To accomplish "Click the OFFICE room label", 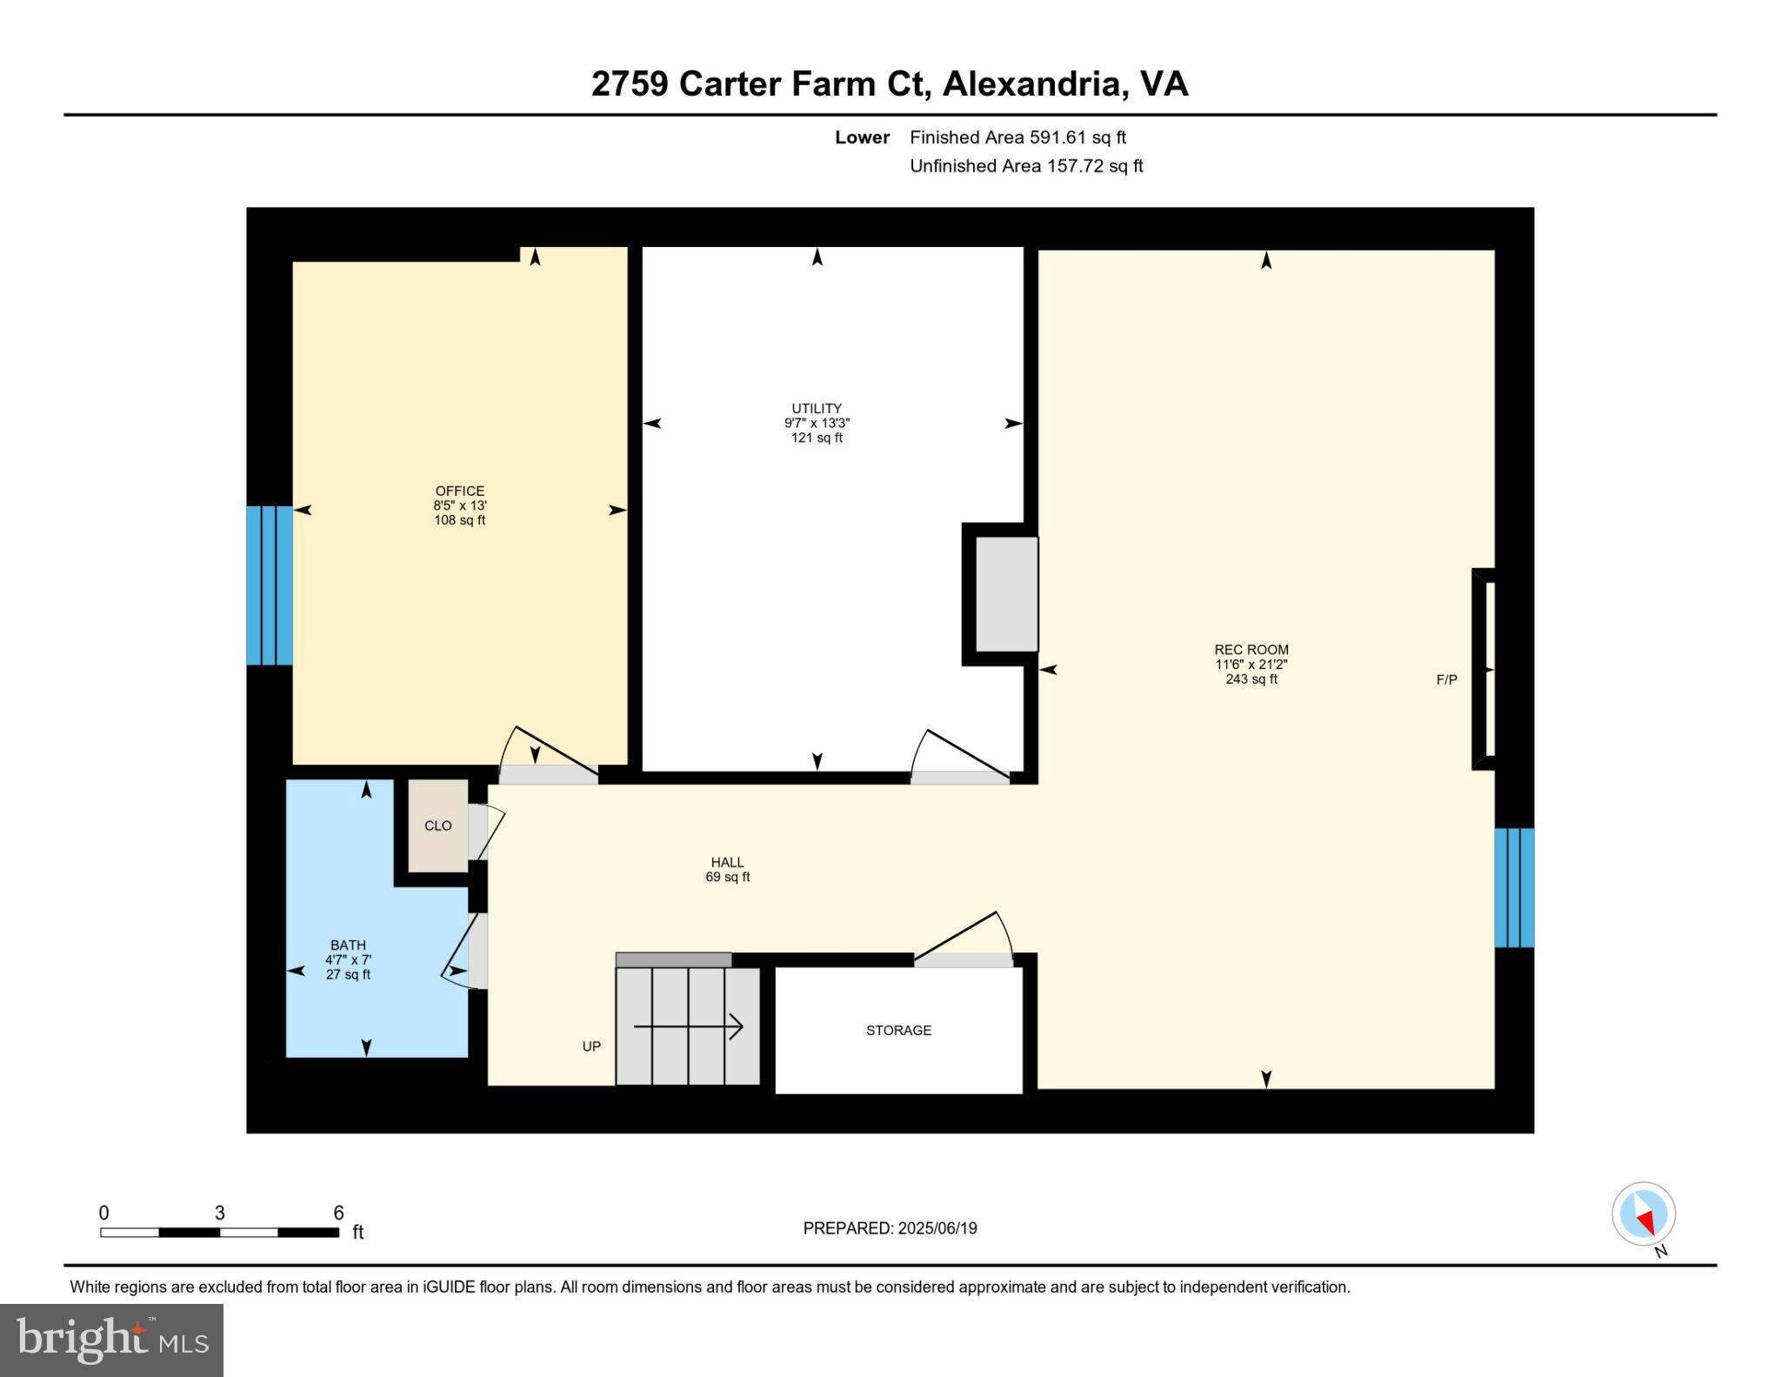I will [x=459, y=491].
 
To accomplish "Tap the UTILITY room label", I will [x=816, y=409].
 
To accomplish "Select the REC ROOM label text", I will [x=1251, y=650].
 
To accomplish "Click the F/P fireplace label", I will [x=1446, y=680].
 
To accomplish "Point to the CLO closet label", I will [x=437, y=826].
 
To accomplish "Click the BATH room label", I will [x=348, y=946].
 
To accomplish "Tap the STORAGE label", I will [x=898, y=1031].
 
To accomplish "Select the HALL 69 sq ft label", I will [x=727, y=870].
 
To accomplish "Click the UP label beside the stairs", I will [x=591, y=1046].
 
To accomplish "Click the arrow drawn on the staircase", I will [x=688, y=1027].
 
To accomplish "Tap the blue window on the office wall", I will [x=269, y=585].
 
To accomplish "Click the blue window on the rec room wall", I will [x=1513, y=887].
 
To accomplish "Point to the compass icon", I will [x=1643, y=1214].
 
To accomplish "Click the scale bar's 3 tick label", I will [x=220, y=1213].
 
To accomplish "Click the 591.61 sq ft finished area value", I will [x=1077, y=137].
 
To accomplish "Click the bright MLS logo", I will [x=111, y=1340].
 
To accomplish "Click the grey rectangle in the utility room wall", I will [x=1006, y=594].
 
